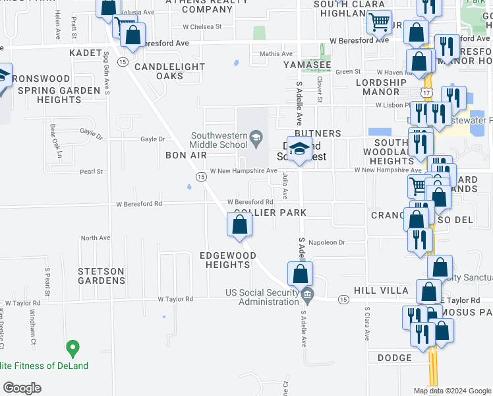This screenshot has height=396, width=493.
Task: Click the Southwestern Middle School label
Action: [x=219, y=140]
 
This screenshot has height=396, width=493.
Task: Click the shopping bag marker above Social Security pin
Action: [x=300, y=273]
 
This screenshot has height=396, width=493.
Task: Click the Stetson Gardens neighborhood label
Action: [x=101, y=276]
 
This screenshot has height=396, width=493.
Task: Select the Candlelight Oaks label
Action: [x=159, y=71]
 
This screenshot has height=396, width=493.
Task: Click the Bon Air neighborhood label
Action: [x=186, y=155]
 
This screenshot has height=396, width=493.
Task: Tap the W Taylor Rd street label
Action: [x=175, y=299]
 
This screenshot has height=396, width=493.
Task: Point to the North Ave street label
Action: [x=96, y=238]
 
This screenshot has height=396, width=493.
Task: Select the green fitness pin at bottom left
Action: [x=72, y=347]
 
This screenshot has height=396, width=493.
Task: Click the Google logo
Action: [x=22, y=388]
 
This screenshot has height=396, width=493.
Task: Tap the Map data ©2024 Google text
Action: [x=452, y=391]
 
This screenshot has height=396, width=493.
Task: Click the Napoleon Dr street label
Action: [x=326, y=243]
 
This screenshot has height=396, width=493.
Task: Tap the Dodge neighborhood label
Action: [x=395, y=358]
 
